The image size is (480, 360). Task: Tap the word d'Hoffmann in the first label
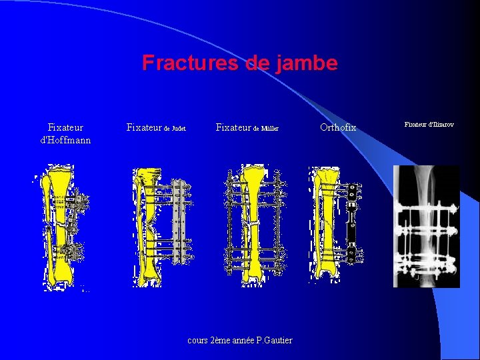point(65,140)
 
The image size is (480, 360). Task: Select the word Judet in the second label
point(178,128)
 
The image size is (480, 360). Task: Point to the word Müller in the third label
point(269,128)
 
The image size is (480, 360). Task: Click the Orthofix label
point(338,127)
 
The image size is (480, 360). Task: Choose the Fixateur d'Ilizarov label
point(429,125)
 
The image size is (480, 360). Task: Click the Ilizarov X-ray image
point(426,226)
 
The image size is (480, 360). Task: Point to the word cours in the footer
point(198,341)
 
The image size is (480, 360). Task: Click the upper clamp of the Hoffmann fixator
point(80,201)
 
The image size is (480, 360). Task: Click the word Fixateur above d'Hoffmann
point(65,127)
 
